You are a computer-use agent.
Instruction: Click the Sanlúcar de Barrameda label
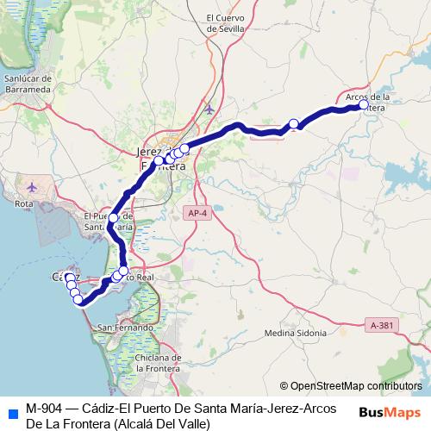tap(29, 83)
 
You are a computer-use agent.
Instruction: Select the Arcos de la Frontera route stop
tap(364, 104)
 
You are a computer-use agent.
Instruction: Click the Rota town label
tap(24, 203)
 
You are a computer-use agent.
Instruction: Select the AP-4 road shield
tap(197, 211)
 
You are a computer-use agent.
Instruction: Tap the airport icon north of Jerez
tap(209, 109)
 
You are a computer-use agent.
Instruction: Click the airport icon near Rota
tap(33, 186)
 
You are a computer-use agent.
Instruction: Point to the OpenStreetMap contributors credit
tap(351, 386)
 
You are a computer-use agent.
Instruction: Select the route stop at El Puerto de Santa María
tap(113, 218)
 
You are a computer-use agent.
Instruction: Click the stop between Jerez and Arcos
tap(293, 124)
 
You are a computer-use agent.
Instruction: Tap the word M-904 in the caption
tap(43, 408)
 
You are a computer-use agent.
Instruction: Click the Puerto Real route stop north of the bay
tap(123, 272)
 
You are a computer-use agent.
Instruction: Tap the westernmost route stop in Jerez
tap(159, 161)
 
